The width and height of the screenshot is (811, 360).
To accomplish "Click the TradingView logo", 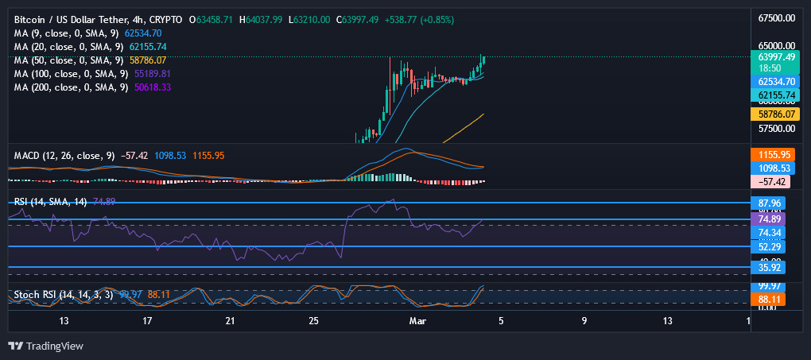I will (x=45, y=346).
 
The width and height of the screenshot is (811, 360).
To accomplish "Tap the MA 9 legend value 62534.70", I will (x=143, y=33).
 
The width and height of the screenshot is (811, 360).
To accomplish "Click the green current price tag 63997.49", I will (x=774, y=57).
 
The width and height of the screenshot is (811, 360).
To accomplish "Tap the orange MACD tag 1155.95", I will (x=774, y=154).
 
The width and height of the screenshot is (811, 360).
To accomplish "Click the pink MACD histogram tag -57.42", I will (x=774, y=182).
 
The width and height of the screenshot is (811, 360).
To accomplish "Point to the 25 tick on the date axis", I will (x=314, y=321).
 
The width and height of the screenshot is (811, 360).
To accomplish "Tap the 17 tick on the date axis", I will (x=147, y=321).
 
